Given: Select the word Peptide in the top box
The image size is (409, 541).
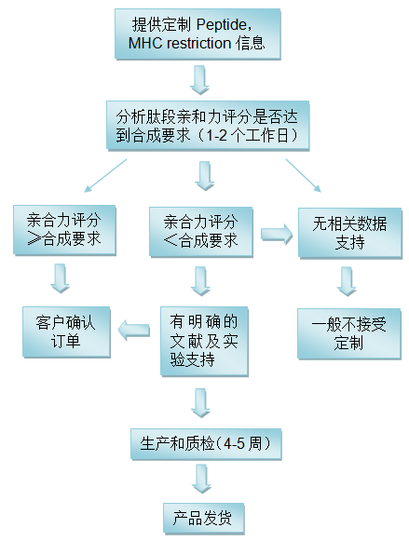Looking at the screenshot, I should pos(225,23).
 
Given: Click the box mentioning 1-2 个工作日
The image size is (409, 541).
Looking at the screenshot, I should pos(206,125).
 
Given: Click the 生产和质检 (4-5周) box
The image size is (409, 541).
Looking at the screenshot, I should pos(205,444).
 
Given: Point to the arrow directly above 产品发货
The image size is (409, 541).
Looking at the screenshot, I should pos(203,480).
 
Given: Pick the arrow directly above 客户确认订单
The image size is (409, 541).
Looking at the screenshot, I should pos(61,277).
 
